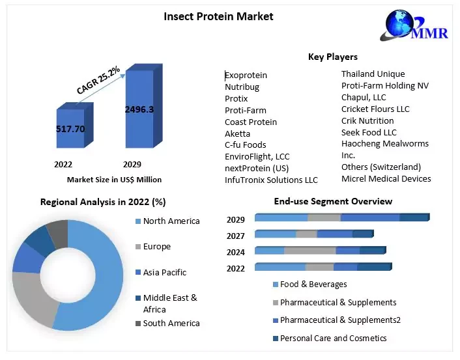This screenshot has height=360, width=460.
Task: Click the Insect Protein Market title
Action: pyautogui.click(x=218, y=16)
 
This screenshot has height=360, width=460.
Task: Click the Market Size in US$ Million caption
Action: pyautogui.click(x=114, y=180)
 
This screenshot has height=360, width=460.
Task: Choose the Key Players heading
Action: pyautogui.click(x=332, y=57)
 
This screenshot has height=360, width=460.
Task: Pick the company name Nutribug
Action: pyautogui.click(x=242, y=87)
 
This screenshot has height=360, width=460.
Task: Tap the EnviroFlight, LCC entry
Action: pyautogui.click(x=257, y=157)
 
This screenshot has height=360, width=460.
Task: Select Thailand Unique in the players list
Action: pyautogui.click(x=373, y=74)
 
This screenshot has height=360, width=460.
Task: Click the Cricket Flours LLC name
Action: pyautogui.click(x=375, y=109)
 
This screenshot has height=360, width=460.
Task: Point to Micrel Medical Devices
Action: pyautogui.click(x=386, y=179)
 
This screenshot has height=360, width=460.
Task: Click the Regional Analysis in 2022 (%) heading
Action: pyautogui.click(x=103, y=202)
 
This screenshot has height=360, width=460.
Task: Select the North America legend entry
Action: pyautogui.click(x=171, y=221)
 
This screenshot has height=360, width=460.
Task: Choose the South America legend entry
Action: pyautogui.click(x=171, y=324)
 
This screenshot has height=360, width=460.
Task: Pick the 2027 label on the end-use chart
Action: pyautogui.click(x=236, y=235)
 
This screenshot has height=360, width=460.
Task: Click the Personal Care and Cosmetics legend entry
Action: pyautogui.click(x=334, y=339)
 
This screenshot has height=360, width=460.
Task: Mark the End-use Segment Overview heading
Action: pyautogui.click(x=333, y=202)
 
